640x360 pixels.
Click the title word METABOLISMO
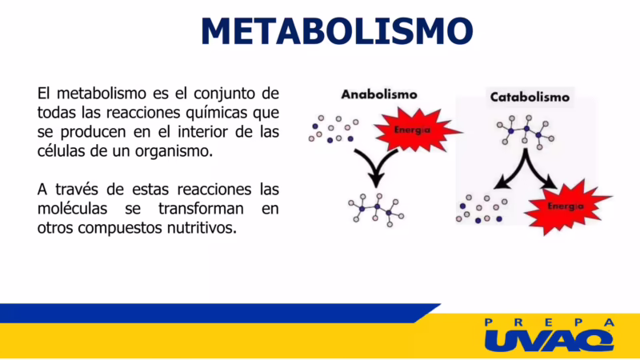(x=337, y=31)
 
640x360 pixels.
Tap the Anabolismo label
(x=378, y=94)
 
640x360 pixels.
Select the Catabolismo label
(x=529, y=98)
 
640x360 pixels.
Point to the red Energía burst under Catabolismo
(x=564, y=206)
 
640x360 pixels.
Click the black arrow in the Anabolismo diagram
(x=376, y=166)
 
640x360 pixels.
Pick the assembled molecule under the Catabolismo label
(x=525, y=130)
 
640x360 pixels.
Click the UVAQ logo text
(x=549, y=340)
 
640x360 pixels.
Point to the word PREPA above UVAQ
(x=549, y=322)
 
